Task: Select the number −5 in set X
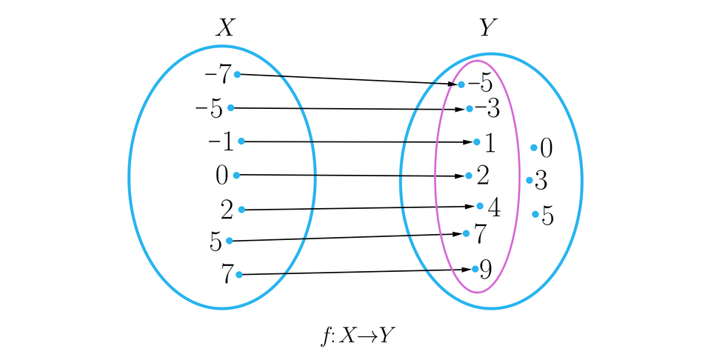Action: (209, 109)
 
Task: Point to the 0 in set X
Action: (222, 176)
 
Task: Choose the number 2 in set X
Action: (227, 210)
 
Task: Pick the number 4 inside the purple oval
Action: (493, 207)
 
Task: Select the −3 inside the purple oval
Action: (487, 110)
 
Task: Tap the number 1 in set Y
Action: (490, 141)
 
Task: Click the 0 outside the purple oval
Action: (547, 149)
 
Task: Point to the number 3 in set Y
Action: (541, 181)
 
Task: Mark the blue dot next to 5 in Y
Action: (535, 215)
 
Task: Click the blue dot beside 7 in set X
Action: (239, 275)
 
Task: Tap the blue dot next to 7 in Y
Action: (466, 233)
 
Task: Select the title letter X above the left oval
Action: (224, 28)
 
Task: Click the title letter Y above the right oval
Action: (487, 28)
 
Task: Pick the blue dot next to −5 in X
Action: (231, 108)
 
